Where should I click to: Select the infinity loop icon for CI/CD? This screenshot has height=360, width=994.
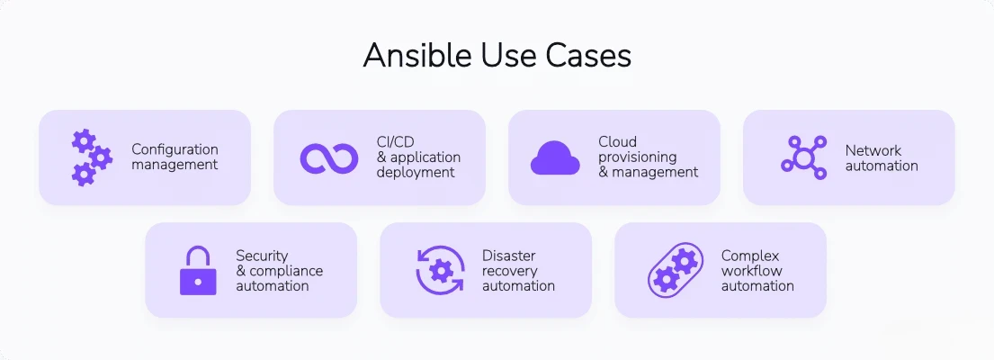329,157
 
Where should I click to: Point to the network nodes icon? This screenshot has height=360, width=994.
802,157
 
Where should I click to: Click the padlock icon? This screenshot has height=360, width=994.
198,270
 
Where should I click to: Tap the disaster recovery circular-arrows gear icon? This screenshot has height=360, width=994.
440,270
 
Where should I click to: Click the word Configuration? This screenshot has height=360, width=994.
175,149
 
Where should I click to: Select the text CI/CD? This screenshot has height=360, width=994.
394,141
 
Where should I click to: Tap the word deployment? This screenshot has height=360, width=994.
415,173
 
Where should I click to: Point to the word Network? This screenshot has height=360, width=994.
873,150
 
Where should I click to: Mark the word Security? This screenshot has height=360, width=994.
262,256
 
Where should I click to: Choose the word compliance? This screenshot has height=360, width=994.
285,271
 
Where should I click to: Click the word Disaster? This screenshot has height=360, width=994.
509,256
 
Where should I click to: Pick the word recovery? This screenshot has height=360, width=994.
509,271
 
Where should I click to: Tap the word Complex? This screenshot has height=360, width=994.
750,256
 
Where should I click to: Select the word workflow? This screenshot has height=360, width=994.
751,271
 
